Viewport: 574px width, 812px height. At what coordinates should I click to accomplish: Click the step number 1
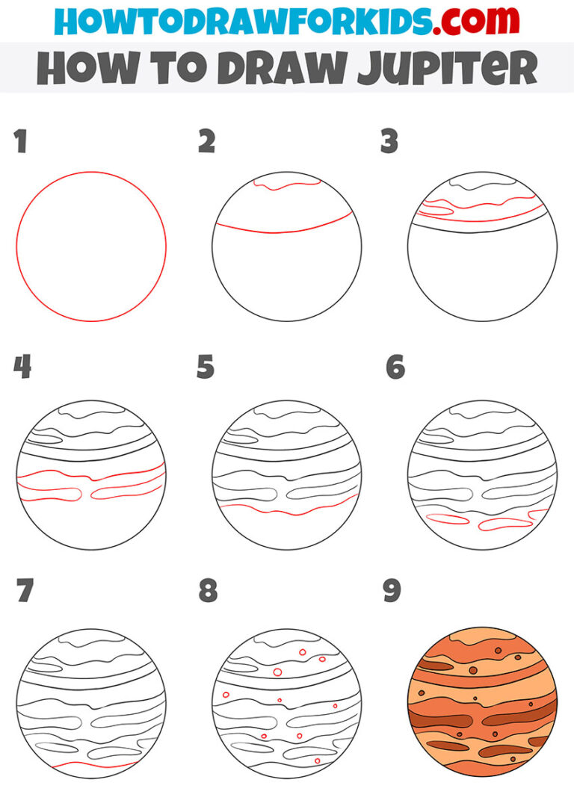pos(21,142)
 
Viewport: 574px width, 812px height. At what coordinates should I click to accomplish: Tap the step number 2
pos(206,142)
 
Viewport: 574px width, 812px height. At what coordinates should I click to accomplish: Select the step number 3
pos(389,142)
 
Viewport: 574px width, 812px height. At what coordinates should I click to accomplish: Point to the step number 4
pos(22,367)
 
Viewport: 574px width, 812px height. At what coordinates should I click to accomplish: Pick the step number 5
pos(206,367)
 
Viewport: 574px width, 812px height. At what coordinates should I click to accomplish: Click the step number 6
pos(395,367)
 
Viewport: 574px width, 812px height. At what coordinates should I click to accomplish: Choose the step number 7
pos(24,591)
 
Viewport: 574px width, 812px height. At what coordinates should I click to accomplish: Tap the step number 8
pos(208,591)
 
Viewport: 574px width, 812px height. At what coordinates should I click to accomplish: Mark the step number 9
pos(392,591)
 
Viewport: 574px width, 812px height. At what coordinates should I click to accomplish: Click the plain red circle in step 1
pos(91,173)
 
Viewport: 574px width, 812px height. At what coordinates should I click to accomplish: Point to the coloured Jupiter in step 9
pos(482,702)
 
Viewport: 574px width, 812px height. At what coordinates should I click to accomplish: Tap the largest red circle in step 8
pos(277,672)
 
